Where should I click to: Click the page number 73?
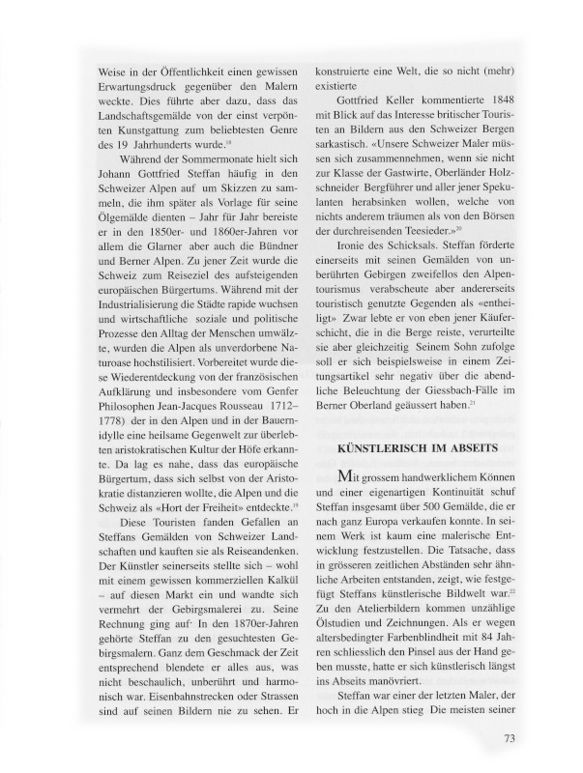510,740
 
